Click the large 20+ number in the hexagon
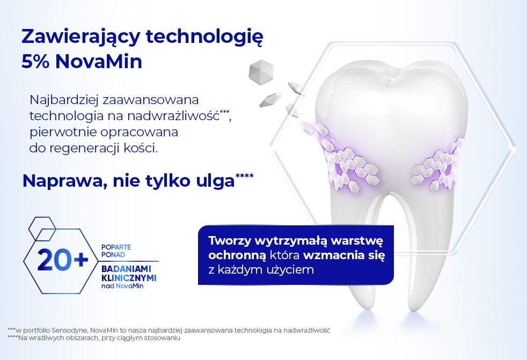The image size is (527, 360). click(63, 261)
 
